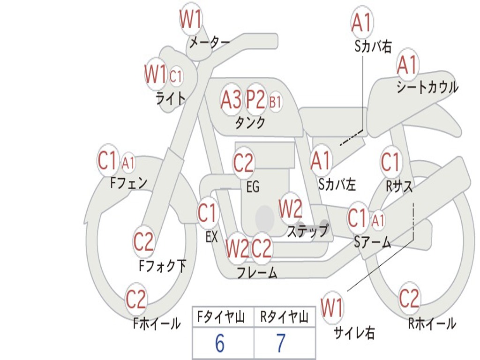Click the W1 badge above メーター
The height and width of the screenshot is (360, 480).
pos(191,20)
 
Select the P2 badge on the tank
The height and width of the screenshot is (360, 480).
pos(255,100)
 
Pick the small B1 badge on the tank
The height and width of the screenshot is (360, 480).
pos(275,102)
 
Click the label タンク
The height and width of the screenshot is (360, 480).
pos(250,123)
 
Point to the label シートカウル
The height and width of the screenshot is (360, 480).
pos(427,88)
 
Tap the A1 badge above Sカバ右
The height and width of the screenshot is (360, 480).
pos(362,22)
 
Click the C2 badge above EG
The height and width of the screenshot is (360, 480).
pos(243,163)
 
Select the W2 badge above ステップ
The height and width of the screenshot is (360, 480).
pos(291,209)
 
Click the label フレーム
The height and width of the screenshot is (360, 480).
pos(257,272)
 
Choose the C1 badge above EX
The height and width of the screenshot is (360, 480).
pos(208,214)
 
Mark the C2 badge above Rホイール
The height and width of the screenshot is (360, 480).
pos(409,298)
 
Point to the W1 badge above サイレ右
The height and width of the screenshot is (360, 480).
pos(332,308)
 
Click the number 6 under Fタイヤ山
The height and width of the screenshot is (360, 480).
pos(219,344)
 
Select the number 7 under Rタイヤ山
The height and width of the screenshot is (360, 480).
pos(280,344)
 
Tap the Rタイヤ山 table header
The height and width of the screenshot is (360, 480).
pos(284,318)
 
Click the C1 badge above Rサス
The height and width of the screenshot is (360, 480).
pos(390,163)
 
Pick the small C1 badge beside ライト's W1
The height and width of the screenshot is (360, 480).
pos(175,76)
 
